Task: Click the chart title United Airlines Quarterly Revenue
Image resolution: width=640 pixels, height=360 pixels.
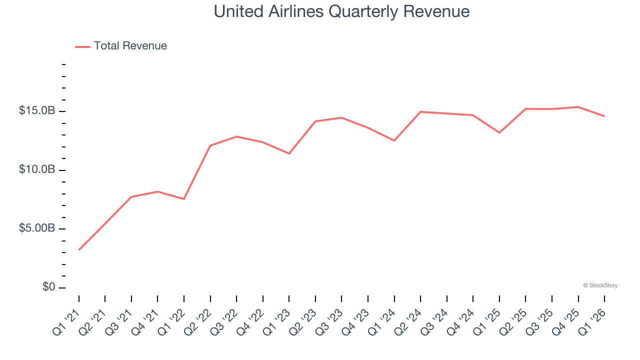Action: (341, 11)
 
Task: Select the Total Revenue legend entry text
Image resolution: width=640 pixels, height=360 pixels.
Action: (130, 46)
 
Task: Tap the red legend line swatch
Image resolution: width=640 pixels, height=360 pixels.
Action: (82, 46)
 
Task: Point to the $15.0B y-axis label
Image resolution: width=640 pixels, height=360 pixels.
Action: (37, 110)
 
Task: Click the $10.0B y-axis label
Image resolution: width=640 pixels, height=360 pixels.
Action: (37, 169)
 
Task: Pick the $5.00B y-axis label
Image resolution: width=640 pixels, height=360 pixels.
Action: (37, 228)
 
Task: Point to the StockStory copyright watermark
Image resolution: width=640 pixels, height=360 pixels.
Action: (600, 285)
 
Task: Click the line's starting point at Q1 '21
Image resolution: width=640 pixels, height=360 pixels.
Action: (79, 249)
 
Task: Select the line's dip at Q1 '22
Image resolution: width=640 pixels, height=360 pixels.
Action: (184, 199)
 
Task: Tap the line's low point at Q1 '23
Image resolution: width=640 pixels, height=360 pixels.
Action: (289, 153)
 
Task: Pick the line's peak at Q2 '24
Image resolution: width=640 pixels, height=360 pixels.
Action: (420, 111)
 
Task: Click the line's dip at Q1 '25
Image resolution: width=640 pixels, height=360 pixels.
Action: (499, 132)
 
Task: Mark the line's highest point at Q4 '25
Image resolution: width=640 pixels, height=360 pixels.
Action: (578, 106)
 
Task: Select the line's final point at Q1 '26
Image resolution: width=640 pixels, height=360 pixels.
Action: (604, 116)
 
